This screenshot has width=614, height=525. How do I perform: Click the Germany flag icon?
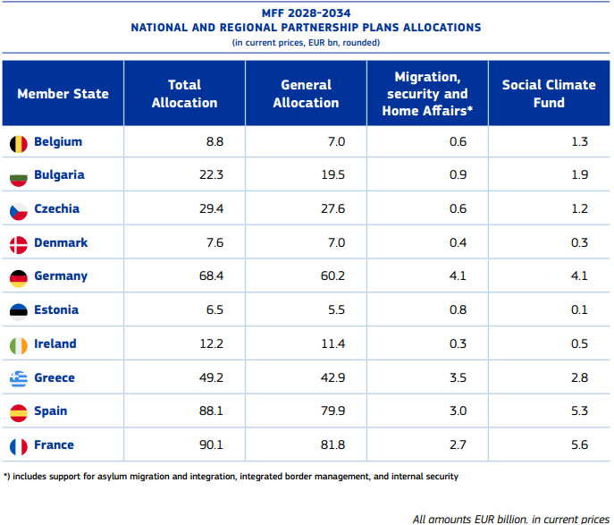(x=19, y=277)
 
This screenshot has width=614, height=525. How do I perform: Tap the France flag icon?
(x=19, y=445)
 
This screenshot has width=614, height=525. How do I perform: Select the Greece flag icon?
(x=19, y=378)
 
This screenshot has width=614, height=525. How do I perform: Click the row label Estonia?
(x=55, y=310)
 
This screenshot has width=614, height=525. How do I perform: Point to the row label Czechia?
(x=56, y=209)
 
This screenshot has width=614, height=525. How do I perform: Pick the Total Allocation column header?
(x=184, y=94)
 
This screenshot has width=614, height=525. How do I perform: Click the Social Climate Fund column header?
(x=548, y=94)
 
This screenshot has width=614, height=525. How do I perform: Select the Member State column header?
(x=63, y=94)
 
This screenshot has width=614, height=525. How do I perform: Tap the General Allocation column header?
(x=306, y=94)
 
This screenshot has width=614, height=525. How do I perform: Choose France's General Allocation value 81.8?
(x=332, y=445)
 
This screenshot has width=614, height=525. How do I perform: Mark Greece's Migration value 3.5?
(x=457, y=378)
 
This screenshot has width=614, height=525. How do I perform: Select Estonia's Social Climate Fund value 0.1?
(x=579, y=310)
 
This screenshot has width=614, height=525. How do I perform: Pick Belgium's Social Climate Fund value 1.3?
(x=579, y=142)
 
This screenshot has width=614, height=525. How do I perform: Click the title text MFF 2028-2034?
(x=306, y=13)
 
